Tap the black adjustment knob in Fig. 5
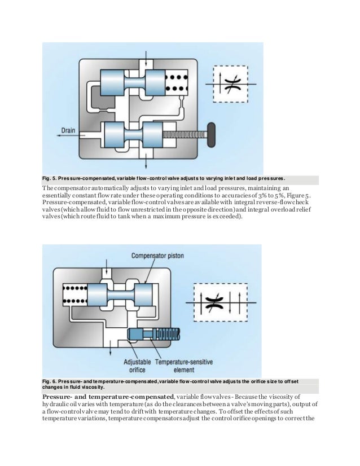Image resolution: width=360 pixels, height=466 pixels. click(212, 134)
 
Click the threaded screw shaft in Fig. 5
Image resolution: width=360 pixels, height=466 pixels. click(184, 134)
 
